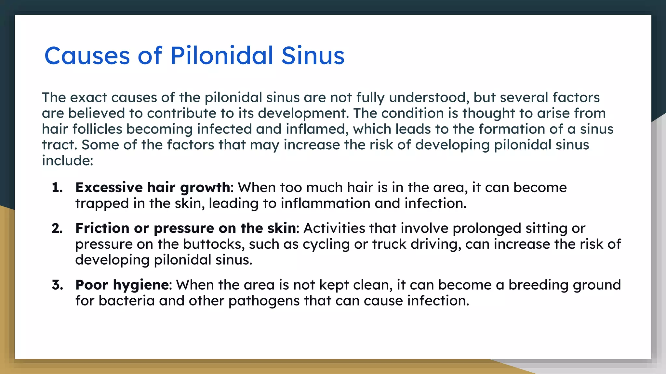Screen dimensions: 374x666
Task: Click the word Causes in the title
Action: [x=87, y=56]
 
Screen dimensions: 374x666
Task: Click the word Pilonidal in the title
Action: [x=221, y=56]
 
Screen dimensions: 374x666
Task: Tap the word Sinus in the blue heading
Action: [x=313, y=56]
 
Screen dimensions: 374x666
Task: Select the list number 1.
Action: [x=57, y=188]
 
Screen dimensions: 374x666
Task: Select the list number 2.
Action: [x=57, y=229]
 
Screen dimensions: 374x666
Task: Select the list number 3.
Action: [x=57, y=285]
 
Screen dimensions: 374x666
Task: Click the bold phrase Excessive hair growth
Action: [x=153, y=188]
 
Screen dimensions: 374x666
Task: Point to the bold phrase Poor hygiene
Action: [x=122, y=285]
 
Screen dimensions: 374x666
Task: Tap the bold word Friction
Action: [x=102, y=228]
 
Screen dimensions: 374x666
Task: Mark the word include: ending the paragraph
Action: [x=68, y=160]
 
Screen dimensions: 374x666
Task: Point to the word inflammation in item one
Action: [x=326, y=204]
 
